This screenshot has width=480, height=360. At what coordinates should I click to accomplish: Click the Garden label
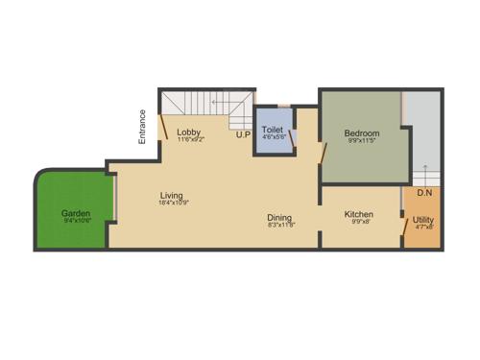pyautogui.click(x=76, y=213)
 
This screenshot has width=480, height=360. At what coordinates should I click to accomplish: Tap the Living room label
pyautogui.click(x=173, y=195)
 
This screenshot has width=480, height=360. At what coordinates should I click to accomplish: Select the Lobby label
pyautogui.click(x=188, y=132)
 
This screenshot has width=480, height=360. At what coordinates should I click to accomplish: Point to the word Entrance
pyautogui.click(x=142, y=128)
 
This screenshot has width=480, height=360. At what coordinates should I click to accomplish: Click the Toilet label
pyautogui.click(x=272, y=128)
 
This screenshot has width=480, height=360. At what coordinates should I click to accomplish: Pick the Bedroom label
pyautogui.click(x=362, y=133)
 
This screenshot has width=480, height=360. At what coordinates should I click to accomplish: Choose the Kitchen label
pyautogui.click(x=359, y=213)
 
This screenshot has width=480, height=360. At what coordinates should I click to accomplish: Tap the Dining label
pyautogui.click(x=280, y=218)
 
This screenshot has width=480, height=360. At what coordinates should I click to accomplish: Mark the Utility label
pyautogui.click(x=423, y=220)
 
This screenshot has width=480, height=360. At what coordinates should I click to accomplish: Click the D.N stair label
pyautogui.click(x=423, y=193)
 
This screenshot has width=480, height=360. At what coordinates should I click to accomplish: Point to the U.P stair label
pyautogui.click(x=244, y=135)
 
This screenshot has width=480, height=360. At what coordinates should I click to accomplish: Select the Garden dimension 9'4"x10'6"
pyautogui.click(x=76, y=222)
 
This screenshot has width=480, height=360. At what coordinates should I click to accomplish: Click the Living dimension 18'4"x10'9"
pyautogui.click(x=173, y=203)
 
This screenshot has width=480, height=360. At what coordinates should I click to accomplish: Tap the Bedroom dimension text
pyautogui.click(x=362, y=142)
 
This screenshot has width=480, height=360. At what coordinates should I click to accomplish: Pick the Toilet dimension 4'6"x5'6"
pyautogui.click(x=272, y=136)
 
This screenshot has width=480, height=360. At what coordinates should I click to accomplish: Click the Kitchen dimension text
pyautogui.click(x=359, y=222)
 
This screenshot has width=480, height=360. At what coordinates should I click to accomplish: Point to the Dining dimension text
pyautogui.click(x=280, y=226)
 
